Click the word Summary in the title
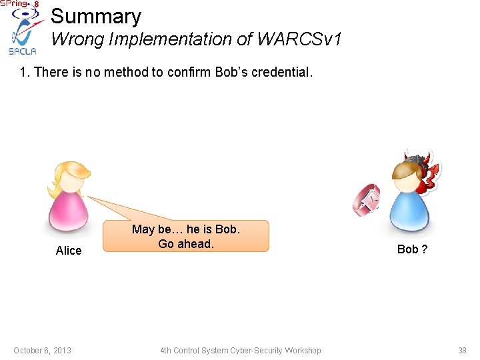(x=96, y=16)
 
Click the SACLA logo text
(x=21, y=51)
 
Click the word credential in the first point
(x=275, y=72)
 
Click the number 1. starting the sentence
(x=25, y=72)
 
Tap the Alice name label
(x=69, y=251)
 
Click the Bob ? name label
(x=412, y=249)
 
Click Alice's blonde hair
(x=68, y=176)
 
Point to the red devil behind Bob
(x=427, y=172)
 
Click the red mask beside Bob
(x=367, y=200)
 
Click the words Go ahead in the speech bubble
(x=186, y=244)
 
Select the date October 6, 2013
(x=42, y=351)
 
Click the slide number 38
(x=462, y=351)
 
